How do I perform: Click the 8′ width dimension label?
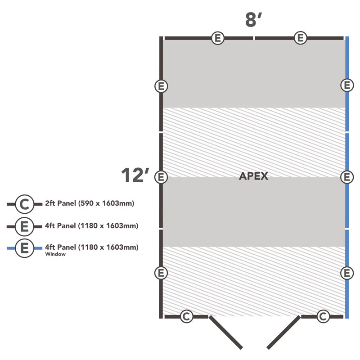tap(254, 20)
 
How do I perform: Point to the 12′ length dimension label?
tap(135, 175)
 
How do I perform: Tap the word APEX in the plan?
tap(253, 176)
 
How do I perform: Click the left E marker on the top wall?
tap(218, 38)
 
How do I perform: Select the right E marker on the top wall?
tap(300, 38)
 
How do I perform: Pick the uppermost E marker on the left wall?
tap(161, 86)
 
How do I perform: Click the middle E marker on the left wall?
tap(161, 177)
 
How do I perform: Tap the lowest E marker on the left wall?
tap(161, 273)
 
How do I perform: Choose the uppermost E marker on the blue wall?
tap(347, 85)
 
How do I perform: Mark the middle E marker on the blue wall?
tap(347, 177)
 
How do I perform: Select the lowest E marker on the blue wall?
tap(347, 273)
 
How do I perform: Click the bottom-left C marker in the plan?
tap(186, 316)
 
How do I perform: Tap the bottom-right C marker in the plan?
tap(323, 316)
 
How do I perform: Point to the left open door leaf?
tap(226, 333)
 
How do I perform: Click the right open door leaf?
tap(283, 333)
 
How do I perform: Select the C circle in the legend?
tap(25, 204)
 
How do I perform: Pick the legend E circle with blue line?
tap(25, 248)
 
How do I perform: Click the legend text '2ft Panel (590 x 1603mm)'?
tap(90, 203)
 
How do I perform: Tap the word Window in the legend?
tap(55, 254)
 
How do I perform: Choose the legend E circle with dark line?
tap(25, 227)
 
